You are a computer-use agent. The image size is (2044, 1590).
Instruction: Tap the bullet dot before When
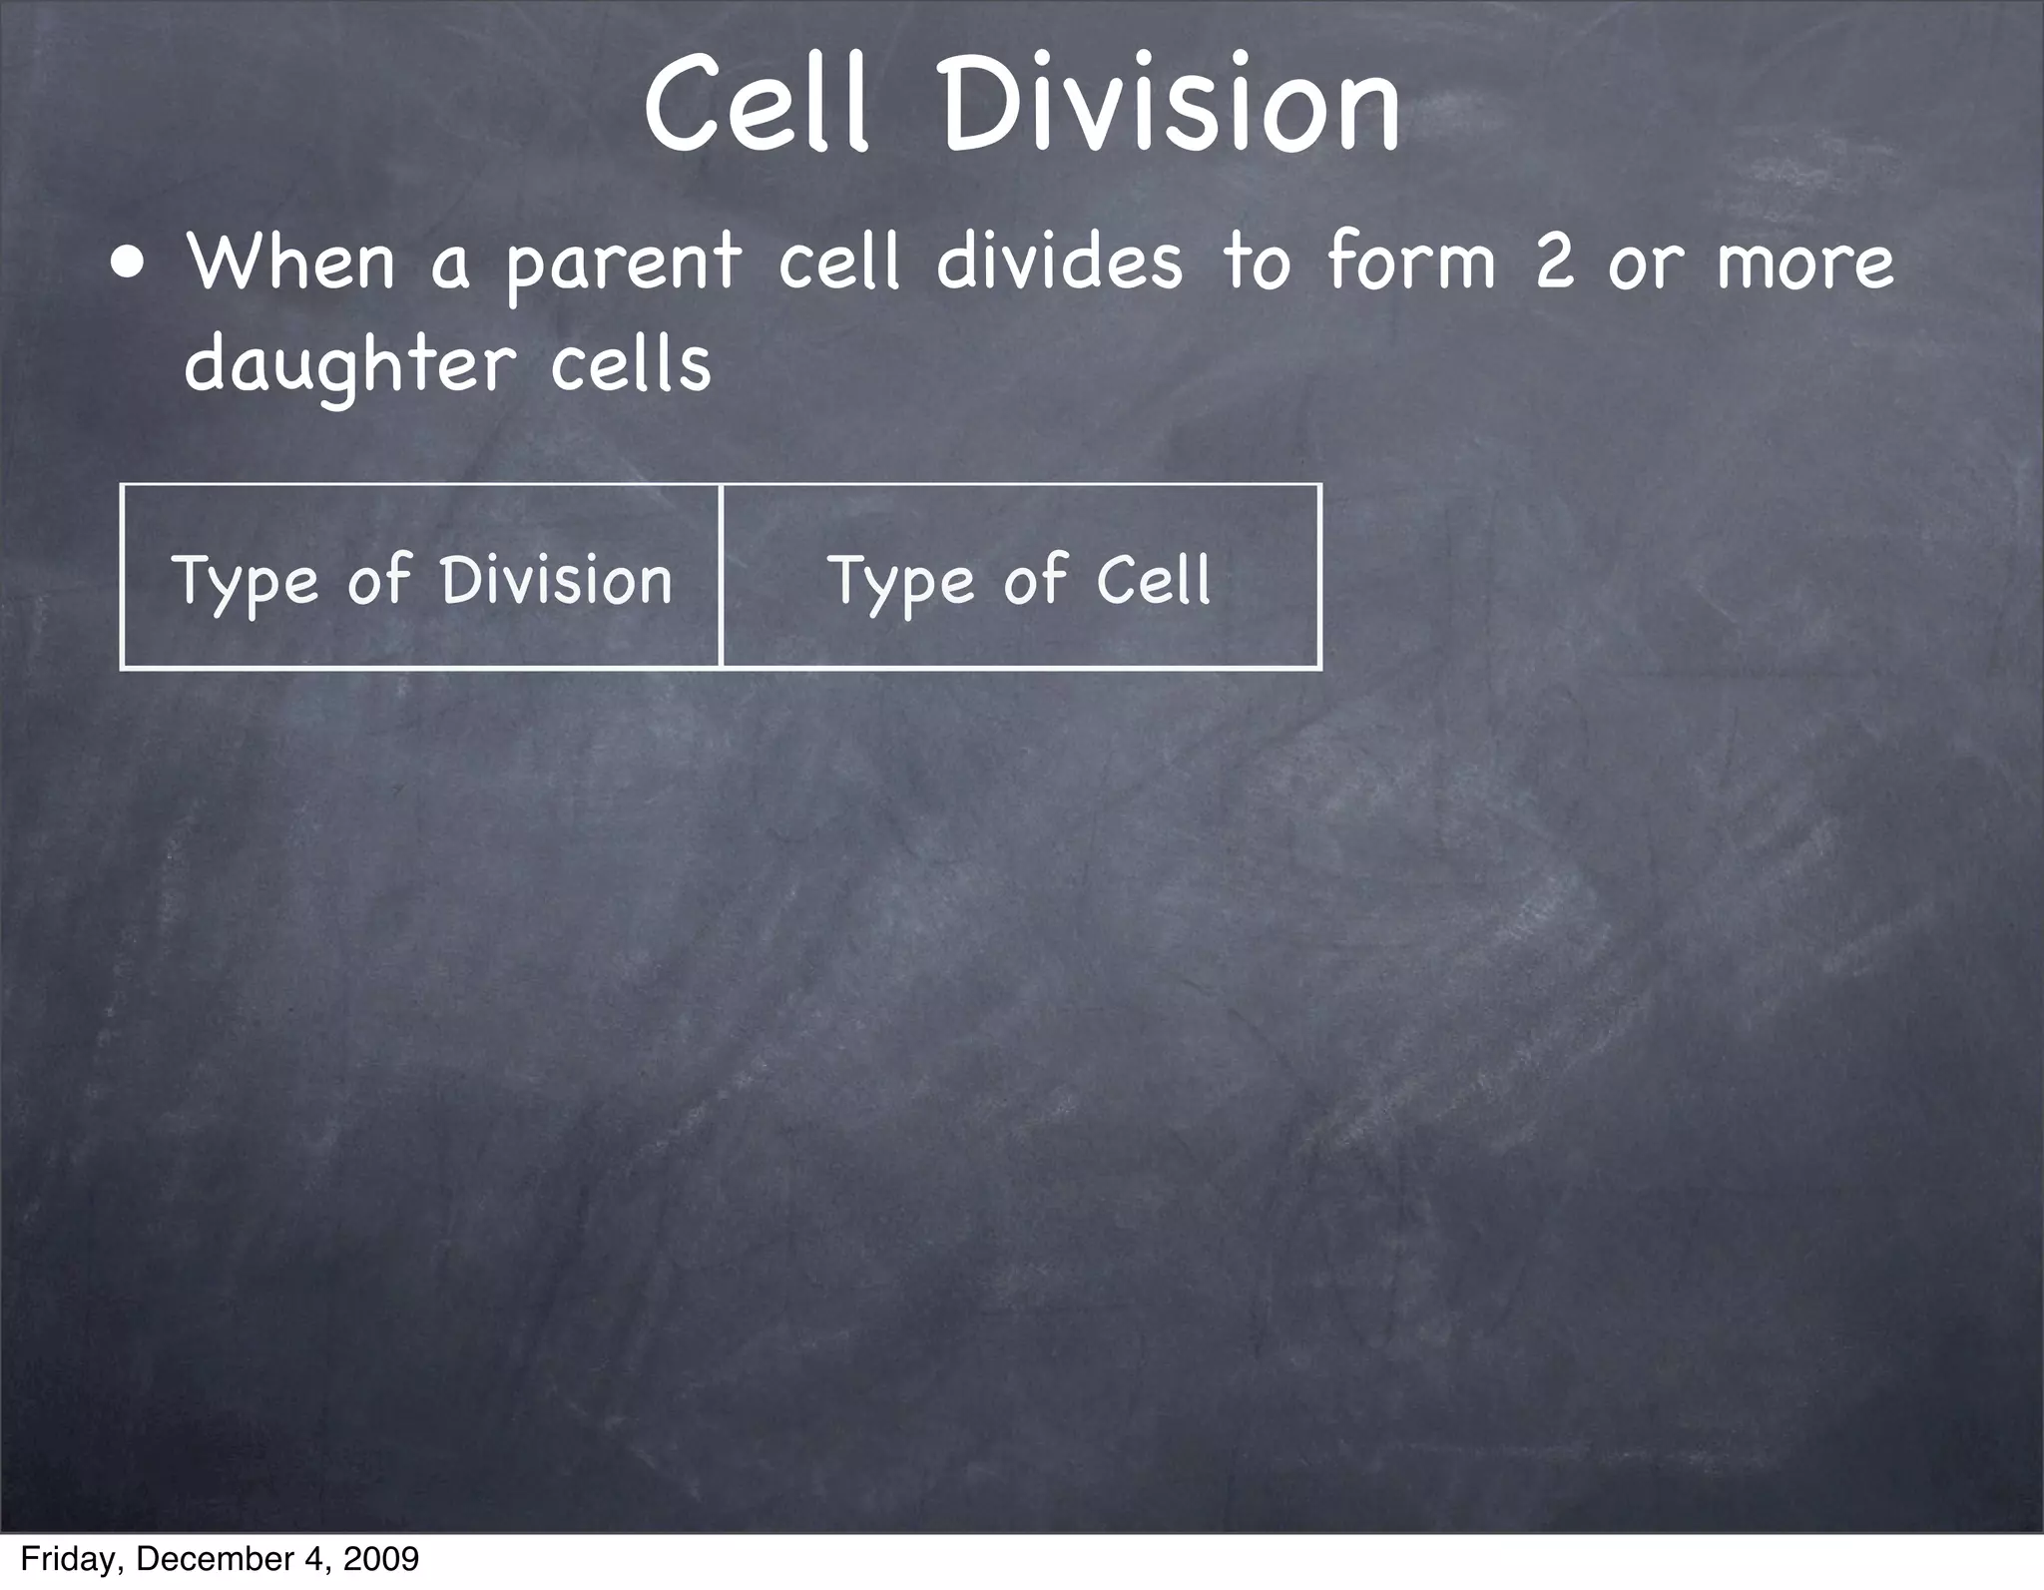point(127,265)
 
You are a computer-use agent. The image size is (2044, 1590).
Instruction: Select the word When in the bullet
point(290,262)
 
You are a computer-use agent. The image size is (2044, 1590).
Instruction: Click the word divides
point(1058,262)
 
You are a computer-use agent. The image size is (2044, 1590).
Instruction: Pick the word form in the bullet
point(1411,262)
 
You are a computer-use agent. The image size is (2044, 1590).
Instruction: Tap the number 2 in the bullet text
point(1555,262)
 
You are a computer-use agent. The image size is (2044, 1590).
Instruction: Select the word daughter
point(349,365)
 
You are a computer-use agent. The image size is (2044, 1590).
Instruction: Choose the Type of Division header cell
point(420,577)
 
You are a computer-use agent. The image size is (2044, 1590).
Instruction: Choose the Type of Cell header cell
point(1020,577)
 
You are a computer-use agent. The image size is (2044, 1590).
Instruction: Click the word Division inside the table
point(556,579)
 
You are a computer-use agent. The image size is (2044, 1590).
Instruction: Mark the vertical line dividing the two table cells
point(720,576)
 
